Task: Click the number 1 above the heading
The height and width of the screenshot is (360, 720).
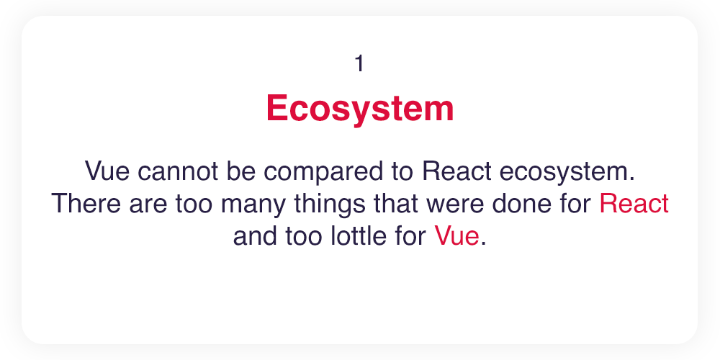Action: (x=359, y=63)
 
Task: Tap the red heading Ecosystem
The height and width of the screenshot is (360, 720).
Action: (x=360, y=108)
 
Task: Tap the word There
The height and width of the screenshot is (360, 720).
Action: (x=87, y=204)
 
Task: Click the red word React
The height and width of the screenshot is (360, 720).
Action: (x=634, y=204)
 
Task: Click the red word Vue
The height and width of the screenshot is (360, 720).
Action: (x=457, y=236)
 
